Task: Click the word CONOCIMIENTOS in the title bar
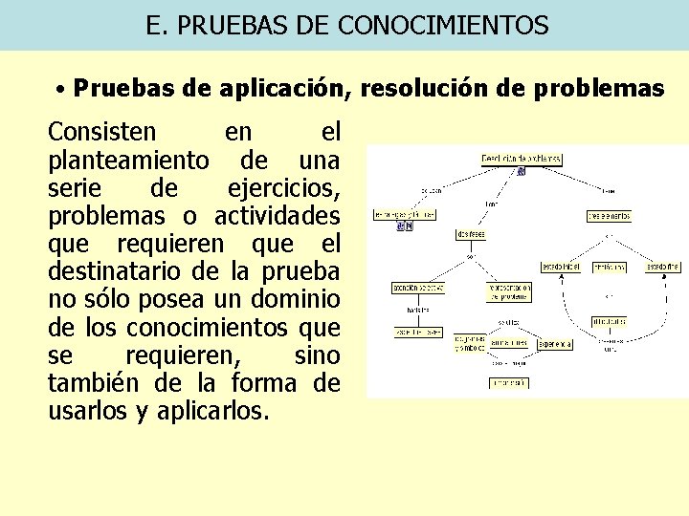pos(443,25)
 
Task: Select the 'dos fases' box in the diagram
pos(471,234)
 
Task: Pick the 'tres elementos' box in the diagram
pos(609,216)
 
